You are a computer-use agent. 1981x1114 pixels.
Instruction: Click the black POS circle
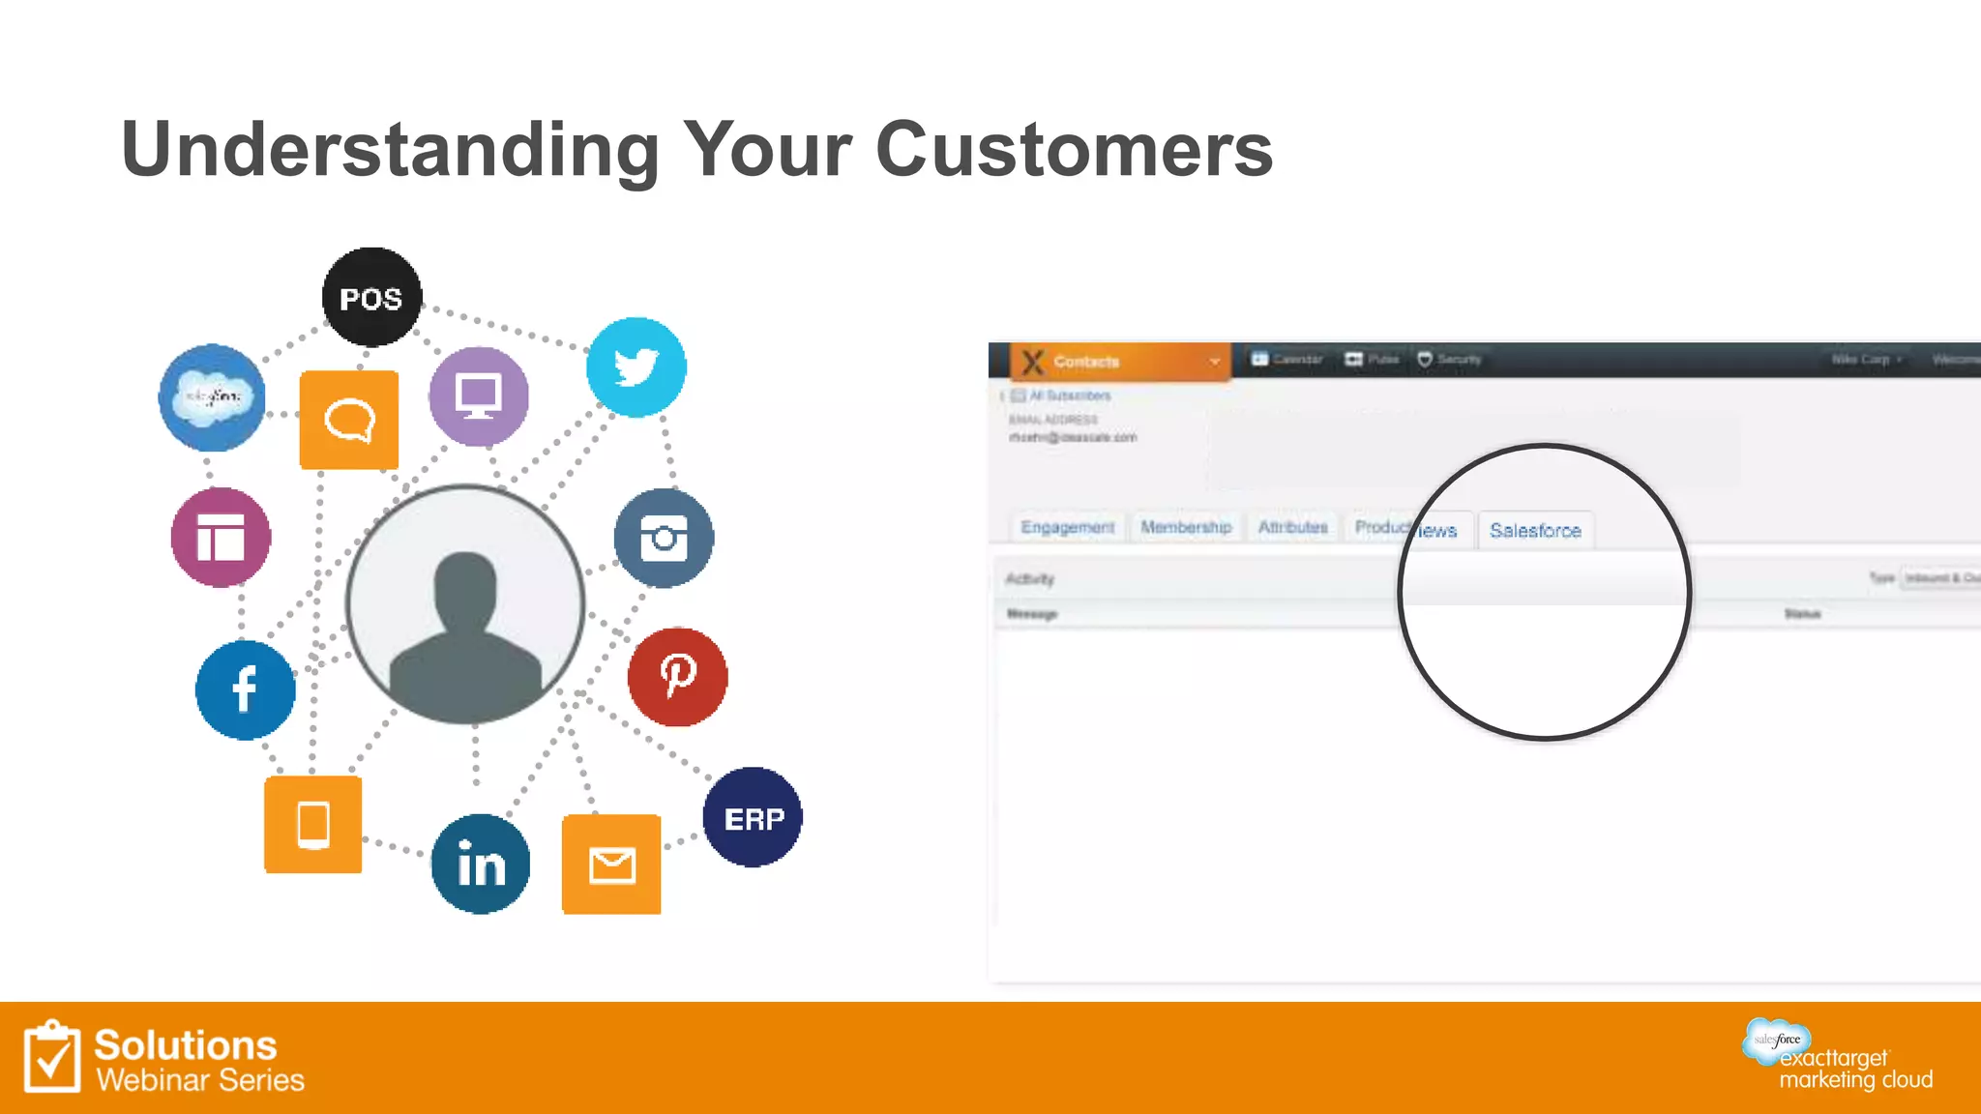[371, 297]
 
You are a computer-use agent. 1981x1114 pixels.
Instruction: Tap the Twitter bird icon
[636, 367]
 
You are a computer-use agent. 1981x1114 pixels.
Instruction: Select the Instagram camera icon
[664, 538]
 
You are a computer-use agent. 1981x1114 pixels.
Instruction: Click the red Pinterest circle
[677, 676]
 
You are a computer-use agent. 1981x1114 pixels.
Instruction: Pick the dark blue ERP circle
[753, 817]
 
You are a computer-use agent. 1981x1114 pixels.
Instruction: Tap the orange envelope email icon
[611, 865]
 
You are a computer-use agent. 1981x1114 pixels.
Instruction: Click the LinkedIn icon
[481, 864]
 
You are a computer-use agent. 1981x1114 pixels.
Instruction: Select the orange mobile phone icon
[312, 825]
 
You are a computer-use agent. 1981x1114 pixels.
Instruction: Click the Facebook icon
[245, 689]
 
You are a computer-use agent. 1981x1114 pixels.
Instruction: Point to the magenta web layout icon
[221, 538]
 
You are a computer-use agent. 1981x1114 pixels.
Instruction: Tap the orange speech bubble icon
[349, 420]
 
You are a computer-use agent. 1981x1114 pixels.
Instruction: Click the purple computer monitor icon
[479, 396]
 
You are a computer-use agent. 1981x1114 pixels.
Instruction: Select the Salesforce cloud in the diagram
[212, 396]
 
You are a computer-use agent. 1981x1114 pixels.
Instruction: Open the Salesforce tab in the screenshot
[1535, 530]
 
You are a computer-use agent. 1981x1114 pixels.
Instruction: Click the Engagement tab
[1067, 527]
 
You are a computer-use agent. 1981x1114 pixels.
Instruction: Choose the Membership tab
[1186, 527]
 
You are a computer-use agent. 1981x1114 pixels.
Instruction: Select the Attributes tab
[1292, 527]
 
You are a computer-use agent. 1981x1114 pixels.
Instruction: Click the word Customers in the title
[1074, 150]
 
